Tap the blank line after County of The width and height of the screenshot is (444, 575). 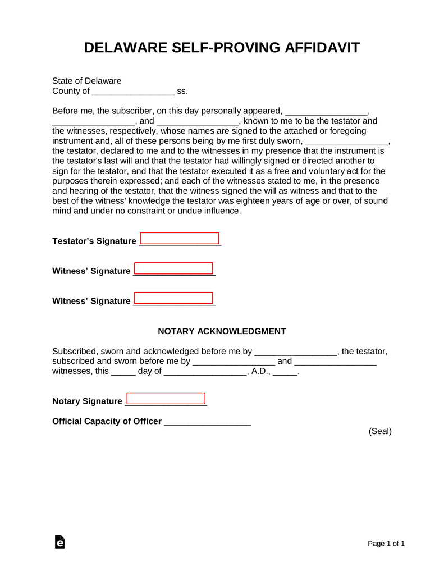tap(132, 92)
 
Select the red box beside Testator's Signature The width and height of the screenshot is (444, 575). tap(180, 238)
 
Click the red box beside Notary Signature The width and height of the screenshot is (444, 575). tap(166, 399)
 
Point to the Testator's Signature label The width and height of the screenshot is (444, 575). tap(94, 241)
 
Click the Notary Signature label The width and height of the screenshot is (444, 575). tap(87, 401)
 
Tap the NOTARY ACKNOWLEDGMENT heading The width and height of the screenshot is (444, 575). tap(222, 331)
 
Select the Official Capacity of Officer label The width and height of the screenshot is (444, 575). tap(107, 422)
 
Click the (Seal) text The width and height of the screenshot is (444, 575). tap(380, 431)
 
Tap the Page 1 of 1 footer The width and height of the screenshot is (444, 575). tap(386, 544)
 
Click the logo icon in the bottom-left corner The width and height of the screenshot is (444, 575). tap(59, 542)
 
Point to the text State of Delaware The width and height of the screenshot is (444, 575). tap(86, 81)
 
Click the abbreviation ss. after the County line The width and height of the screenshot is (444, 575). tap(182, 91)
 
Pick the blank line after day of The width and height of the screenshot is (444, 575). tap(205, 372)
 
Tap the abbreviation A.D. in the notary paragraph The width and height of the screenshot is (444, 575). tap(260, 371)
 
